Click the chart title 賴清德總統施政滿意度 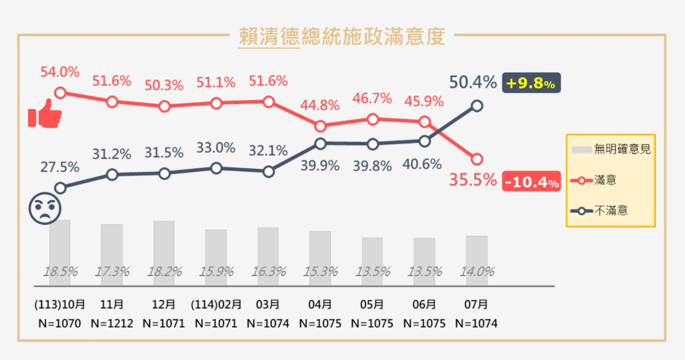coord(342,37)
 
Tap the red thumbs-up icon coord(45,115)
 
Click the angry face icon coord(45,209)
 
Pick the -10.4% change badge coord(531,180)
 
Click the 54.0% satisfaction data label coord(60,72)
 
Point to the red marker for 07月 coord(476,159)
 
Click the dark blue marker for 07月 coord(476,106)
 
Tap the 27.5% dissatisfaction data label coord(60,167)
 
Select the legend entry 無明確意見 coord(610,149)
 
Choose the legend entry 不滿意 coord(610,210)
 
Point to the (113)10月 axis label coord(60,305)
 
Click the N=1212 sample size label coord(112,323)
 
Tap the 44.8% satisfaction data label coord(320,106)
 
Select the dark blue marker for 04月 coord(320,144)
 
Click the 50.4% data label coord(473,82)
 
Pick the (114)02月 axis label coord(216,305)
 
